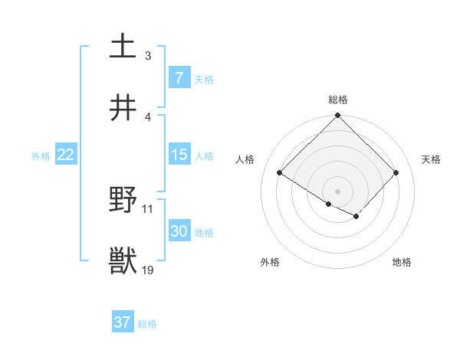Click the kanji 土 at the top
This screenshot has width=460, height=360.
pyautogui.click(x=124, y=46)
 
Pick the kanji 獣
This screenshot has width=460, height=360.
pyautogui.click(x=124, y=260)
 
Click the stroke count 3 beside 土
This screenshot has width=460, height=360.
pyautogui.click(x=147, y=55)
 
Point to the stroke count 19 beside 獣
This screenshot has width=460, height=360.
pyautogui.click(x=149, y=270)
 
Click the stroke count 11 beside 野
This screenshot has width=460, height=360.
pyautogui.click(x=148, y=208)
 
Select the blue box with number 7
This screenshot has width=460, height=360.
pyautogui.click(x=179, y=78)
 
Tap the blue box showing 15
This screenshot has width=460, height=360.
pyautogui.click(x=179, y=155)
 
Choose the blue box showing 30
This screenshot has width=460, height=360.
pyautogui.click(x=179, y=231)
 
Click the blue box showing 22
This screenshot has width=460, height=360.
pyautogui.click(x=65, y=155)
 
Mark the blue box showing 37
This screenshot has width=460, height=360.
pyautogui.click(x=122, y=322)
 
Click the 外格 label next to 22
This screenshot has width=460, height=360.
pyautogui.click(x=41, y=155)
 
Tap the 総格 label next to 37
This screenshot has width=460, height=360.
pyautogui.click(x=147, y=323)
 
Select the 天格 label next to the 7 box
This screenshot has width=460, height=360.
pyautogui.click(x=204, y=79)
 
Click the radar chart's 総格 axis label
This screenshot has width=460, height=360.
pyautogui.click(x=337, y=100)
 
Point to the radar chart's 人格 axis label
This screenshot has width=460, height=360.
pyautogui.click(x=246, y=159)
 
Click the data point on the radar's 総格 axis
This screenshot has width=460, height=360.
pyautogui.click(x=337, y=116)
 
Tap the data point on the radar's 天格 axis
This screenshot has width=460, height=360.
pyautogui.click(x=396, y=173)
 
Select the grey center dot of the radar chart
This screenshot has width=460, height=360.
pyautogui.click(x=337, y=191)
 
